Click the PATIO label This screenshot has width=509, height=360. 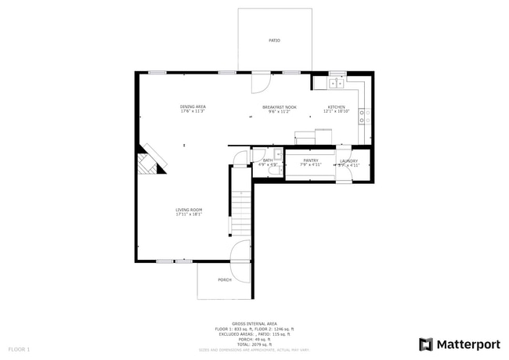(274, 40)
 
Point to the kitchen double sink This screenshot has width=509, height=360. (338, 82)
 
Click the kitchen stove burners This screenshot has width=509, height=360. (364, 117)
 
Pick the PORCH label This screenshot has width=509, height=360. (225, 279)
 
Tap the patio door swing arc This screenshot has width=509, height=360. (262, 81)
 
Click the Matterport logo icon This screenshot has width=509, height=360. (426, 344)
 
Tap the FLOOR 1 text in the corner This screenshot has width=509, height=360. (19, 348)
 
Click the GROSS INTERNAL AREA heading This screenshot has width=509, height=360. (254, 322)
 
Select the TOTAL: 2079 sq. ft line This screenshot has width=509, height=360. (254, 344)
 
